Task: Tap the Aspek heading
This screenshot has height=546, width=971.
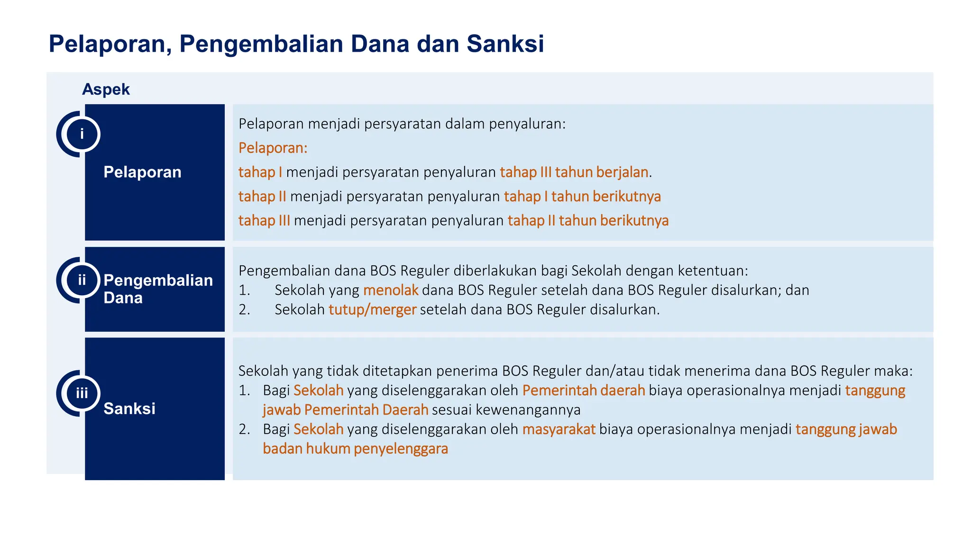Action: (106, 89)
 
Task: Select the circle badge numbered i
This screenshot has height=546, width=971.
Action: (82, 134)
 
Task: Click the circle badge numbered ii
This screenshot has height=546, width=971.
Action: (82, 280)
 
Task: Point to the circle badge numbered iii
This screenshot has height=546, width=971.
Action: (82, 393)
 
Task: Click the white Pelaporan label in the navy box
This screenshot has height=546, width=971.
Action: (142, 172)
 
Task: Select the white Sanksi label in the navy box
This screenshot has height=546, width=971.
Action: (129, 408)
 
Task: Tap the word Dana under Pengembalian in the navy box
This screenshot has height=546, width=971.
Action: (123, 298)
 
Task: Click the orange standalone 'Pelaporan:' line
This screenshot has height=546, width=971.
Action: (273, 148)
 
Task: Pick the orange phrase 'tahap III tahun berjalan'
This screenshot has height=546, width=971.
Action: (574, 172)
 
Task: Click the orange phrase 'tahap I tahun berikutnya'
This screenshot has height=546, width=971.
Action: (582, 196)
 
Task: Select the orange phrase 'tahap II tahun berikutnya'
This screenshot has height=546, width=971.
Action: (587, 220)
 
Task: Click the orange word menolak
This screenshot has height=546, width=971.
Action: (391, 290)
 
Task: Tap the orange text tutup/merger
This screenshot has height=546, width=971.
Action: (372, 309)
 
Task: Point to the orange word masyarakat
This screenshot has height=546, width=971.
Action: (559, 429)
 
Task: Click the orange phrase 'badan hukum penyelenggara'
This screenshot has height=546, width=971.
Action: (355, 448)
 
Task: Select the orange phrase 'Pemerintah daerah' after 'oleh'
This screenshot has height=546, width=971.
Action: (583, 390)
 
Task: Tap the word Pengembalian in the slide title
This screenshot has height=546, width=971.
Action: (261, 44)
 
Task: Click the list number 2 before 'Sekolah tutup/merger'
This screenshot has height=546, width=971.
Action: (244, 309)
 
